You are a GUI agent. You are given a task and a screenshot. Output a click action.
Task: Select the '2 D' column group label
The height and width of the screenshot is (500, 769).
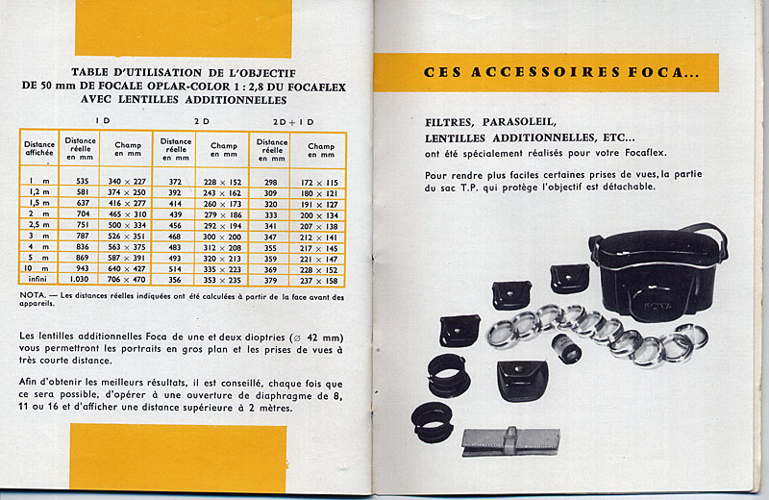pyautogui.click(x=203, y=120)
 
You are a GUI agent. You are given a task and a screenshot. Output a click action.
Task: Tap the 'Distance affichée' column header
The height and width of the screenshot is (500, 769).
pyautogui.click(x=39, y=150)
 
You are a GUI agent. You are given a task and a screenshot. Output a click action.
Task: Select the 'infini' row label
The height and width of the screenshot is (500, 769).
pyautogui.click(x=39, y=279)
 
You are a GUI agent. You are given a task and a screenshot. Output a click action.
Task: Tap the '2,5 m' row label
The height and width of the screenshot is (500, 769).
pyautogui.click(x=39, y=224)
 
